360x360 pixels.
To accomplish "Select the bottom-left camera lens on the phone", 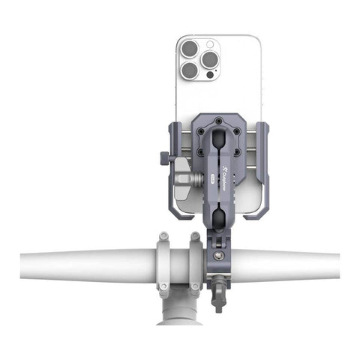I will click(x=190, y=70).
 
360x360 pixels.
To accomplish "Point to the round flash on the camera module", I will click(x=208, y=44).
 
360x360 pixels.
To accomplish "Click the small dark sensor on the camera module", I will click(x=208, y=76).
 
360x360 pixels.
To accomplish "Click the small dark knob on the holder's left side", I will click(x=163, y=157).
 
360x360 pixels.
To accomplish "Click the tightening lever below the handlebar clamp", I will click(x=217, y=292).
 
